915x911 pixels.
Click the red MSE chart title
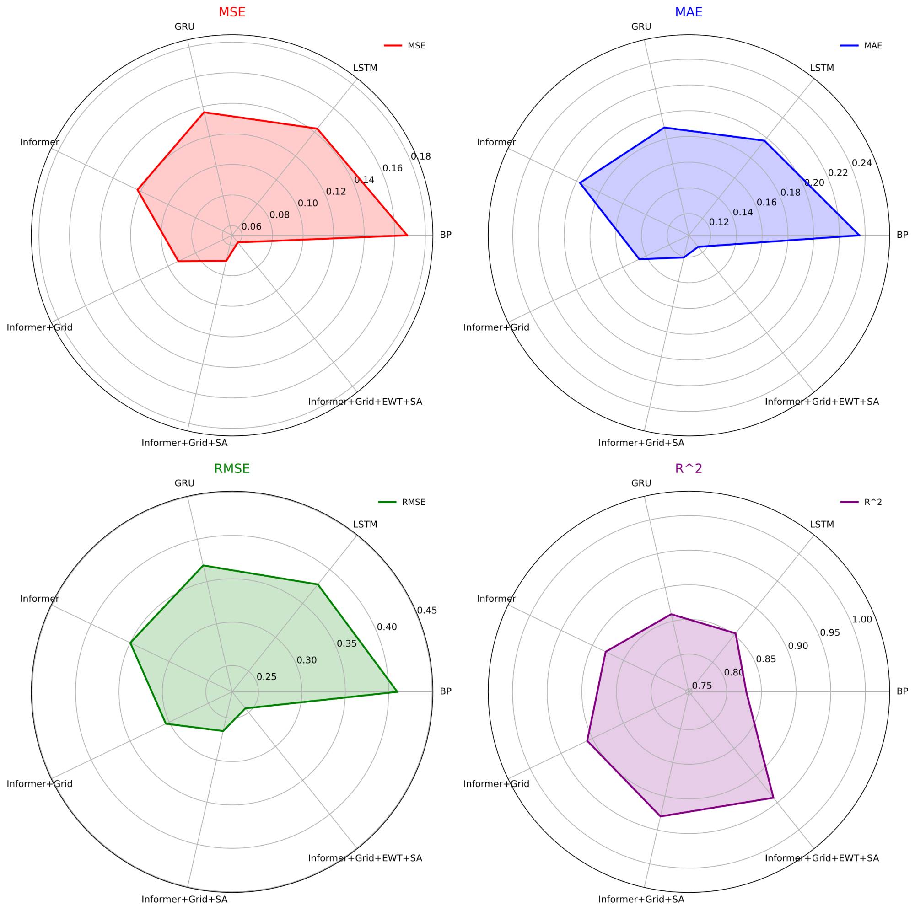[231, 12]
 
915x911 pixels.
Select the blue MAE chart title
[688, 12]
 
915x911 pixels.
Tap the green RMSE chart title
[231, 469]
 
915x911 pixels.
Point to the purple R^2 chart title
[688, 469]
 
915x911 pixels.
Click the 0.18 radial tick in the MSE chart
[420, 157]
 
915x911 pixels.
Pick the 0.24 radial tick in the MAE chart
[861, 163]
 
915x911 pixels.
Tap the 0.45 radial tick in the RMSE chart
[427, 611]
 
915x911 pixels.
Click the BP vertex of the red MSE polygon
[407, 235]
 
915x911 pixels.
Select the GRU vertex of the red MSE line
[204, 113]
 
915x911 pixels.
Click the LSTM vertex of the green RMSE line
[318, 585]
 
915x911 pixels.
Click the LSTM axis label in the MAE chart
[822, 68]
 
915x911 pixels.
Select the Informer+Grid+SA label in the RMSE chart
[184, 900]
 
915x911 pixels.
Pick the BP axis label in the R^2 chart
[902, 691]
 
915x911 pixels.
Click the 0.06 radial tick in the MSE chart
[251, 227]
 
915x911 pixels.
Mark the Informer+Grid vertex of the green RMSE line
[165, 723]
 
